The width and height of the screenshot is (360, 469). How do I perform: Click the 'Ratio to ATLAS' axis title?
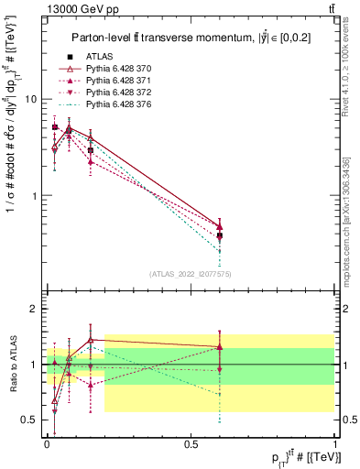coord(12,365)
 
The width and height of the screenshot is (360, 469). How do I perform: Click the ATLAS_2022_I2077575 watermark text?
coord(190,273)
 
